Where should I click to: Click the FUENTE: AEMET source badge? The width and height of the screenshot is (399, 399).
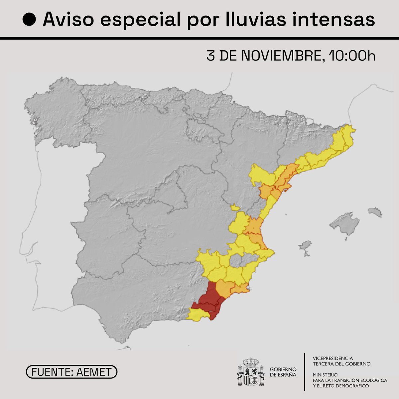click(71, 372)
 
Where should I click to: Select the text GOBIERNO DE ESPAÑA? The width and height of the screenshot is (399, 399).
click(283, 372)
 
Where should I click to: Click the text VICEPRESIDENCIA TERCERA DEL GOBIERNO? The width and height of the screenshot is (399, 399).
click(341, 361)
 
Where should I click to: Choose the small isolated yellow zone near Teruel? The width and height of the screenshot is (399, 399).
click(235, 207)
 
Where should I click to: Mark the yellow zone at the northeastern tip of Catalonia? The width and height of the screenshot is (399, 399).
click(347, 133)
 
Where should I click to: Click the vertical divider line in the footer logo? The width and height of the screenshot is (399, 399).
click(305, 372)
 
